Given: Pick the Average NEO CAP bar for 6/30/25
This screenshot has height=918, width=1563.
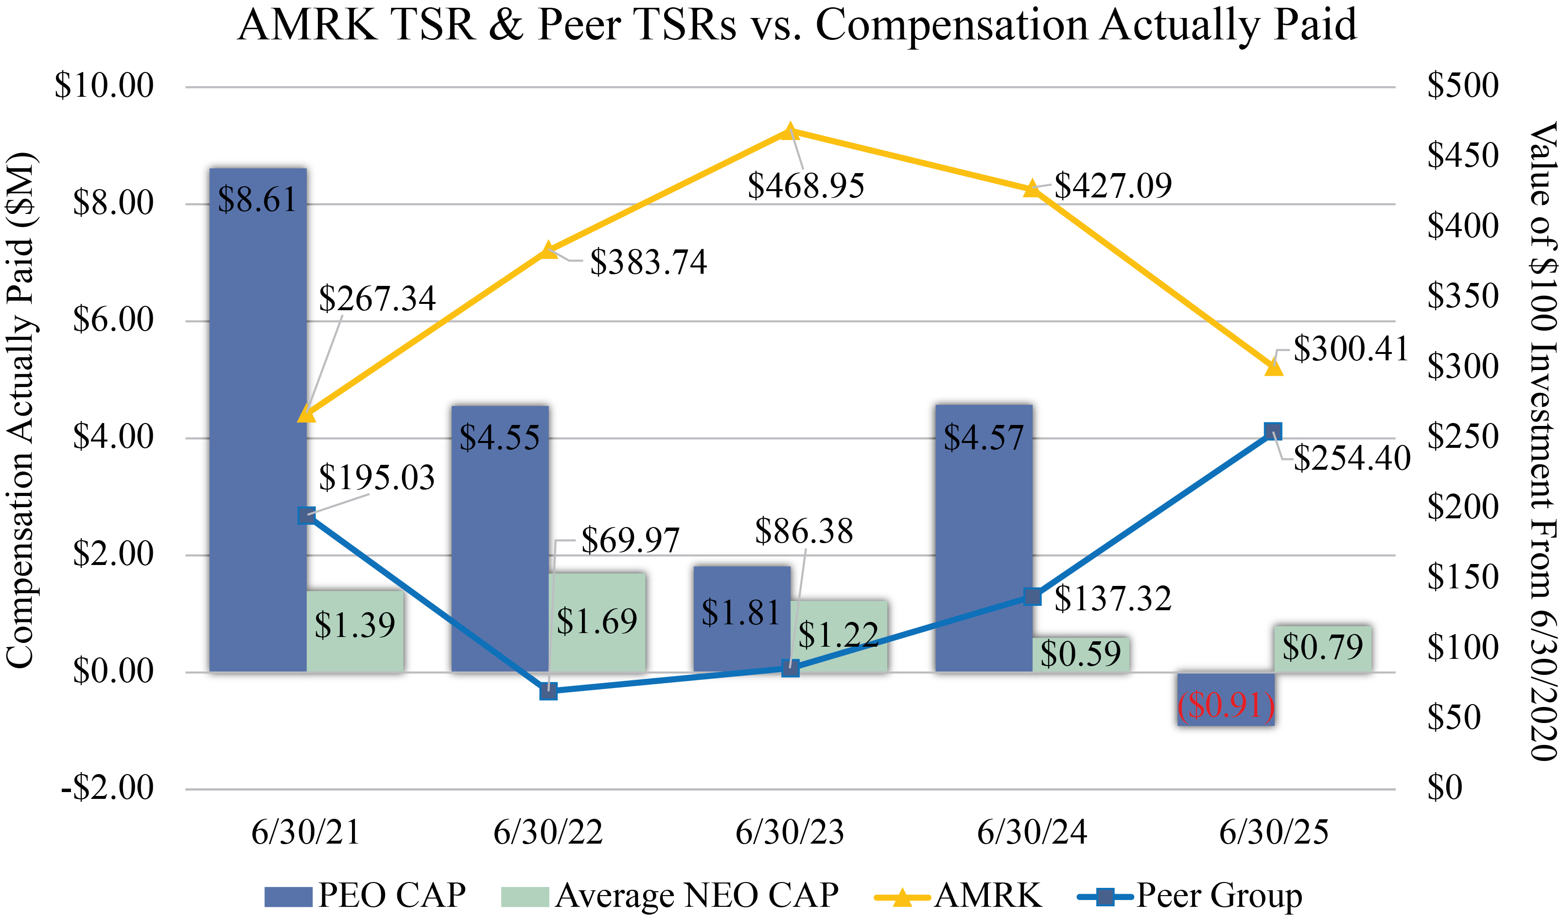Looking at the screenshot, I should click(x=1322, y=648).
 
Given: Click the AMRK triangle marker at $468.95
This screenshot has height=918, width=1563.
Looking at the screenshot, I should click(x=789, y=131).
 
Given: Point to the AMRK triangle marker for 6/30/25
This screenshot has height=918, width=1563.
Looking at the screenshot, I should click(x=1273, y=368).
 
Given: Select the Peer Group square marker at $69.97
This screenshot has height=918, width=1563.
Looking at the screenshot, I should click(x=548, y=691).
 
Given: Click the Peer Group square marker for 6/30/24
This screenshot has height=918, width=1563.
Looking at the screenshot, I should click(x=1032, y=597).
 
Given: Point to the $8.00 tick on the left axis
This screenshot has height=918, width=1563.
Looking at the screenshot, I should click(x=113, y=203).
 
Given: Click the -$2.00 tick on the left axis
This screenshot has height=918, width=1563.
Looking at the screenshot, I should click(x=106, y=788).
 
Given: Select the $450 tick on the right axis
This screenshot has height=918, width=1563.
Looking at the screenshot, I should click(x=1462, y=155).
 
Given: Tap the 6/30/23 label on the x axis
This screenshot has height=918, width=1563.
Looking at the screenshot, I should click(x=790, y=832).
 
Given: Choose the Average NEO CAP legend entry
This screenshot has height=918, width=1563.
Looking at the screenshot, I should click(x=670, y=896).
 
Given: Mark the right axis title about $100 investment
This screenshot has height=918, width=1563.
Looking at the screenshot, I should click(x=1543, y=441).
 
